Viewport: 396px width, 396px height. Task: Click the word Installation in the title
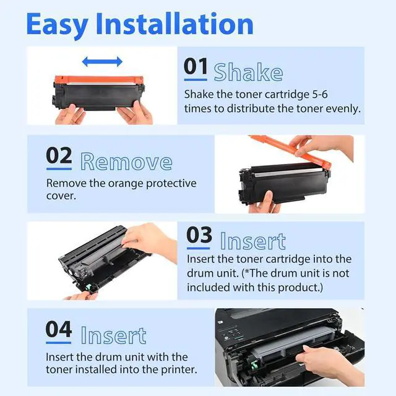pyautogui.click(x=174, y=24)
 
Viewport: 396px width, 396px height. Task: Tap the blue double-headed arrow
pyautogui.click(x=102, y=62)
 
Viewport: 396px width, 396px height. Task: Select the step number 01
pyautogui.click(x=196, y=66)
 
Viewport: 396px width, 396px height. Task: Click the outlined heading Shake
pyautogui.click(x=248, y=72)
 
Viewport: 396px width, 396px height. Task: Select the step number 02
pyautogui.click(x=59, y=155)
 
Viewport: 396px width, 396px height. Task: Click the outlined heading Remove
pyautogui.click(x=126, y=161)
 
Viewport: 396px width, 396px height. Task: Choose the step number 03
pyautogui.click(x=199, y=235)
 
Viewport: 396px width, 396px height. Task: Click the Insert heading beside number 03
pyautogui.click(x=253, y=241)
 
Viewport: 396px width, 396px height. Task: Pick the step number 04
pyautogui.click(x=59, y=329)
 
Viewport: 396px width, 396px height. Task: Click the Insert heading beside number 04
pyautogui.click(x=113, y=335)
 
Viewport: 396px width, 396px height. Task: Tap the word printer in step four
pyautogui.click(x=178, y=370)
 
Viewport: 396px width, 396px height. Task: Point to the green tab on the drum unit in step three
pyautogui.click(x=89, y=287)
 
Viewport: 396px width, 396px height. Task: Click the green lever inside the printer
pyautogui.click(x=254, y=364)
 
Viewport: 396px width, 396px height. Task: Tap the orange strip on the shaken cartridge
pyautogui.click(x=99, y=80)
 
